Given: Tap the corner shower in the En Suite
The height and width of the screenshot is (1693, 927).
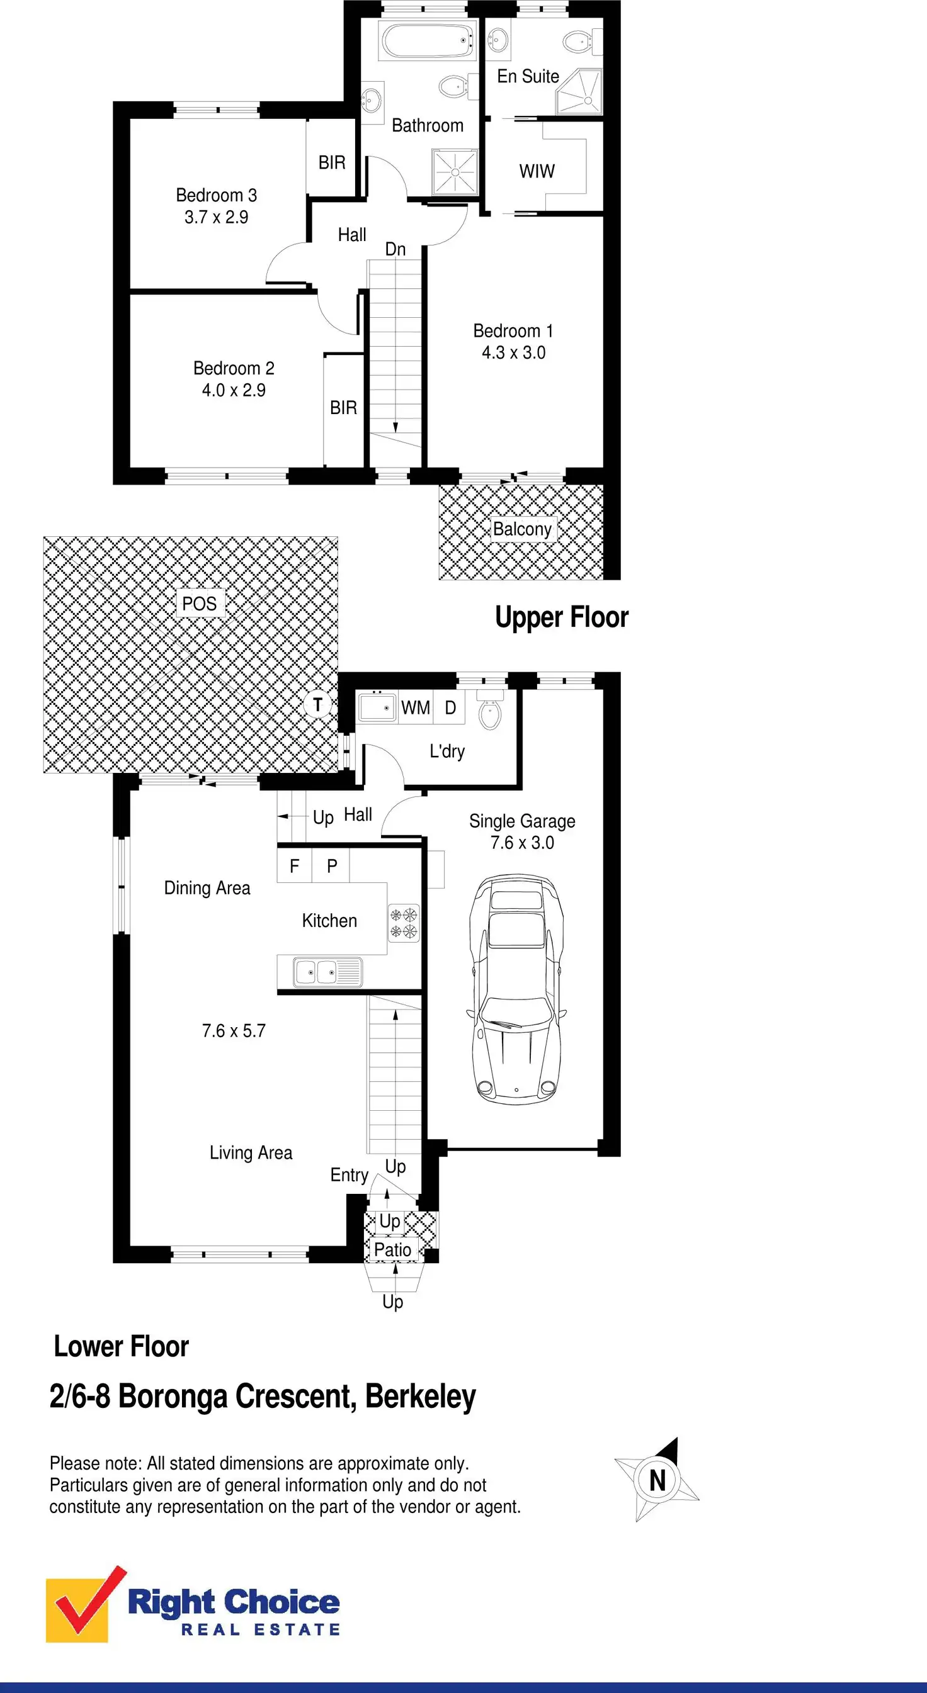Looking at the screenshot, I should pos(579,92).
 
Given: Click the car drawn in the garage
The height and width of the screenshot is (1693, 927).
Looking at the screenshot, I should pos(517,990).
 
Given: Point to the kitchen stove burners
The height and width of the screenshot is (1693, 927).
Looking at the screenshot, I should pos(404,922).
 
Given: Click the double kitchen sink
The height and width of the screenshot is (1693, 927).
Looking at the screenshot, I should pos(327,972).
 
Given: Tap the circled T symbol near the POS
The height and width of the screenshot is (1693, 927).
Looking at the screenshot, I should pos(318,704).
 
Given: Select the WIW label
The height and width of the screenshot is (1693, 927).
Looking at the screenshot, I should pos(537,172).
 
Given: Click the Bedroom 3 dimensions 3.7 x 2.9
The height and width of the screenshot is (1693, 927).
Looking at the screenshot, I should pos(216,218).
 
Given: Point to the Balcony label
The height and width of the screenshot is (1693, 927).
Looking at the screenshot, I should pos(522,529).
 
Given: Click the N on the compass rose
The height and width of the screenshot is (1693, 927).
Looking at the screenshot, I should pos(657,1481).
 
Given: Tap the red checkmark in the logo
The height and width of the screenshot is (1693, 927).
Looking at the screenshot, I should pos(89,1601).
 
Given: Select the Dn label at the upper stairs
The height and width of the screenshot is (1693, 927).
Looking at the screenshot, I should pos(395,249).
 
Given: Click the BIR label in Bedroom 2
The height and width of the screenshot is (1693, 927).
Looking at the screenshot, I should pos(343,408).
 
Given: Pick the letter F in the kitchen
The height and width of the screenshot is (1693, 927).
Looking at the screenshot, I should pos(294,866).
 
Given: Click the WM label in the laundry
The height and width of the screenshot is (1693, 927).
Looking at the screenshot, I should pos(416,708).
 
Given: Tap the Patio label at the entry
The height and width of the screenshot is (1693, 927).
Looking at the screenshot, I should pos(392,1250).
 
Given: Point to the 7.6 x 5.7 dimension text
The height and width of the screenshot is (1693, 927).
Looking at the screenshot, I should pos(234,1030).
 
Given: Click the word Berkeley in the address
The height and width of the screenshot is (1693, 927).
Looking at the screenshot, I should pos(420,1397).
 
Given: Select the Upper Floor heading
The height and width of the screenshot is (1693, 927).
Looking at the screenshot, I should pos(562,617).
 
